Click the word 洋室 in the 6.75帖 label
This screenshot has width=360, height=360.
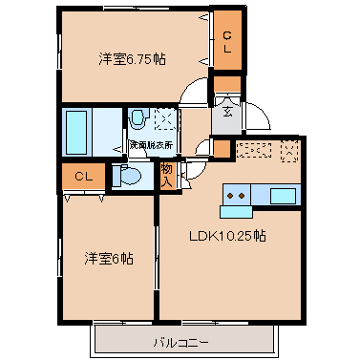click(x=112, y=59)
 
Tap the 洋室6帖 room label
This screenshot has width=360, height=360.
click(x=108, y=258)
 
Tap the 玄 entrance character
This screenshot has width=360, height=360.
click(x=228, y=112)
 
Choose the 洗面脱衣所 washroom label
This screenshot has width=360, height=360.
click(x=152, y=144)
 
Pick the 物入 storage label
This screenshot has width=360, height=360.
click(x=166, y=175)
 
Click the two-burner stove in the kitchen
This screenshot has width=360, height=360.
click(x=236, y=196)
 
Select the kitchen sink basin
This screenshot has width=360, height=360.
click(x=283, y=196)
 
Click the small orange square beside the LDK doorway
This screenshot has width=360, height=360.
click(x=222, y=149)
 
